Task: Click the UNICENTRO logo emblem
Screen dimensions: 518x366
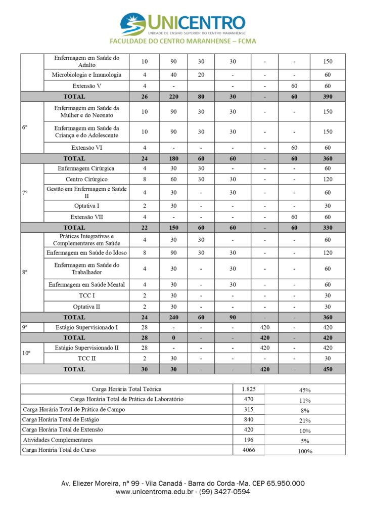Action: point(132,24)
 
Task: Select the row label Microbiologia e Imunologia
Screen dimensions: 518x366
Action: point(86,75)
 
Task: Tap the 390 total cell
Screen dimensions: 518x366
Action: point(328,96)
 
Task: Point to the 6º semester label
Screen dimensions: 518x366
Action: point(25,127)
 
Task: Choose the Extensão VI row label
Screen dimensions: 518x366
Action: point(86,148)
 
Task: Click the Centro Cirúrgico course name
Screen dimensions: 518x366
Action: point(86,179)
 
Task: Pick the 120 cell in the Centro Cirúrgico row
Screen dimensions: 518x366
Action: point(328,179)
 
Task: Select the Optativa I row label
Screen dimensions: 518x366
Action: point(86,206)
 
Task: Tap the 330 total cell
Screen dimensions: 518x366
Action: point(328,228)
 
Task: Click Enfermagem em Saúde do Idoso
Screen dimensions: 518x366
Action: point(86,252)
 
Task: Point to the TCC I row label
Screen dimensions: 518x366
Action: point(86,295)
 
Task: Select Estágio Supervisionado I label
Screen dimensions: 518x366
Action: point(86,327)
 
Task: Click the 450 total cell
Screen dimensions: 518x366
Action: point(328,369)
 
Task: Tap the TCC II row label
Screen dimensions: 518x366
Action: point(86,359)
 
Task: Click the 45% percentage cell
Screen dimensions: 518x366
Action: point(305,390)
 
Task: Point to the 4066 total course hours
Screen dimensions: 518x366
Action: point(248,450)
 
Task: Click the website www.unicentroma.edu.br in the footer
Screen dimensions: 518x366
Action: point(155,492)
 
